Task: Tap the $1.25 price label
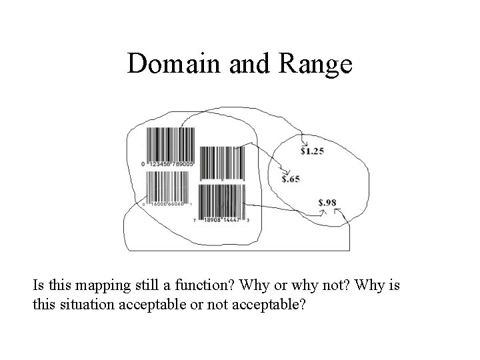pyautogui.click(x=312, y=151)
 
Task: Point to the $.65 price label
pyautogui.click(x=290, y=179)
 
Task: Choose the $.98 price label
pyautogui.click(x=327, y=203)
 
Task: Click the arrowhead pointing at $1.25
pyautogui.click(x=303, y=144)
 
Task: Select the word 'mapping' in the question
pyautogui.click(x=107, y=288)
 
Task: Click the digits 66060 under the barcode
pyautogui.click(x=175, y=204)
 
